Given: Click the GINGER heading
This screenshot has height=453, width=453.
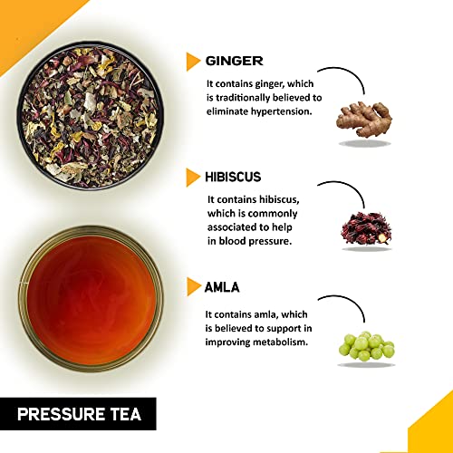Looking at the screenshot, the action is pyautogui.click(x=234, y=61).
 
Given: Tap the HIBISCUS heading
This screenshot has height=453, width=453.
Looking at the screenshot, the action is pyautogui.click(x=233, y=177).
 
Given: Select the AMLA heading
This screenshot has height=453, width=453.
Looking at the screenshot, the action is pyautogui.click(x=222, y=287).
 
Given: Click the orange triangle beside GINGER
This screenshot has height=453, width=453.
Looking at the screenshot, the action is pyautogui.click(x=193, y=62).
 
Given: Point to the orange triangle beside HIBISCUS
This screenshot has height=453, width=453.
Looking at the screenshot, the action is pyautogui.click(x=193, y=178).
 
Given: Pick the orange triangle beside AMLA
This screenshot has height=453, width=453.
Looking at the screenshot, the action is pyautogui.click(x=193, y=286).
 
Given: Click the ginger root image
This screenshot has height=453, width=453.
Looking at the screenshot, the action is pyautogui.click(x=364, y=120).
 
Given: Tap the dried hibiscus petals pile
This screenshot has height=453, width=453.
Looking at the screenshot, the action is pyautogui.click(x=366, y=228).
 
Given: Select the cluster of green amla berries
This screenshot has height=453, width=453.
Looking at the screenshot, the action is pyautogui.click(x=366, y=346).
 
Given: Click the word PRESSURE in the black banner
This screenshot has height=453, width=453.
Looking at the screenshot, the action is pyautogui.click(x=61, y=414).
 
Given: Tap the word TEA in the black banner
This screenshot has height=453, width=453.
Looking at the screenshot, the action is pyautogui.click(x=126, y=414).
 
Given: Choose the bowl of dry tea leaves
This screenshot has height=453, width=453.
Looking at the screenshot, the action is pyautogui.click(x=90, y=116).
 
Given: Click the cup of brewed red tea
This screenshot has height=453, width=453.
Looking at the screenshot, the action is pyautogui.click(x=91, y=299).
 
